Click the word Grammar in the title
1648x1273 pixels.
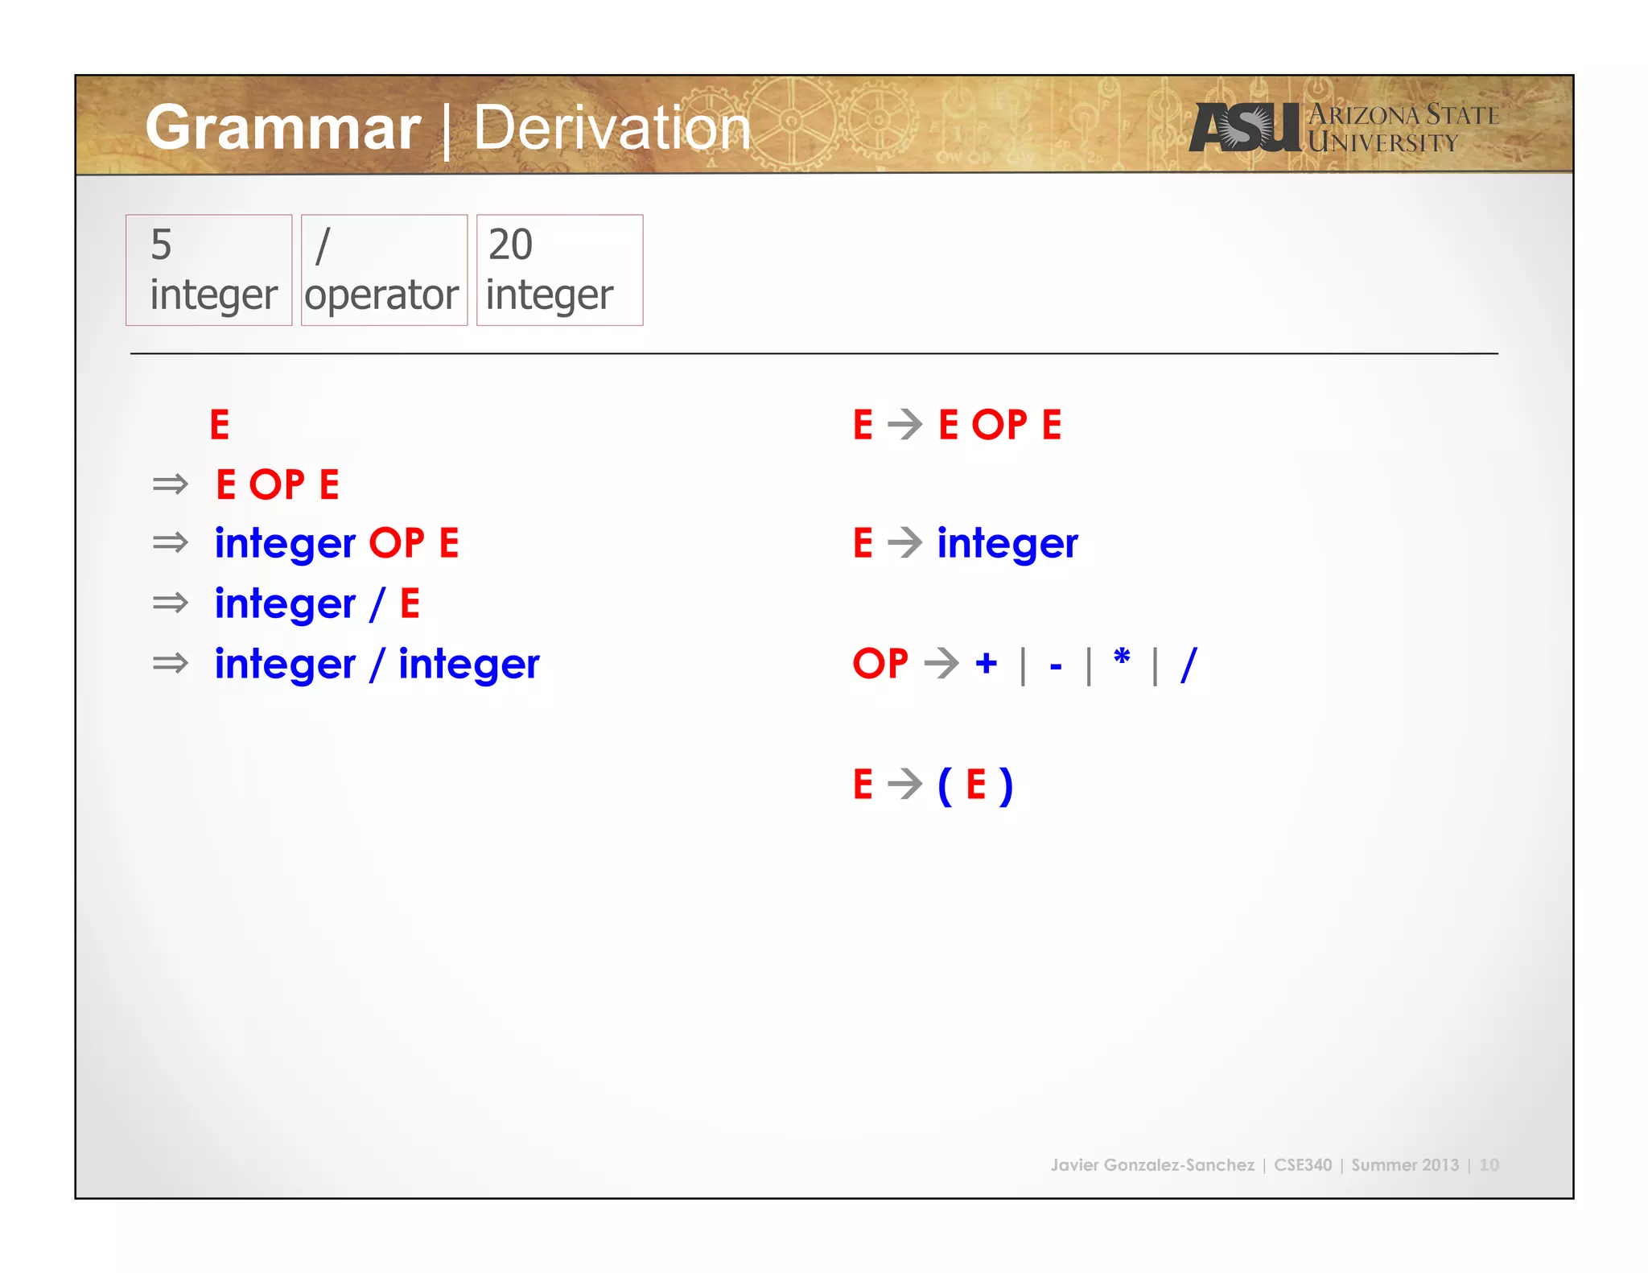coord(283,128)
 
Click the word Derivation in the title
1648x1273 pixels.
coord(612,128)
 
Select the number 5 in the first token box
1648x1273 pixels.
coord(161,245)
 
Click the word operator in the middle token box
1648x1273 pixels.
coord(381,295)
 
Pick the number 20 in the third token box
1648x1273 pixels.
coord(510,245)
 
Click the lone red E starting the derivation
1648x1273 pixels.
coord(220,424)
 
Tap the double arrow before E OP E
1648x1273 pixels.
coord(170,484)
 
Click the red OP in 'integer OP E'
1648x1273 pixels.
coord(396,543)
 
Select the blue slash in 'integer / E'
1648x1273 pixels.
coord(377,604)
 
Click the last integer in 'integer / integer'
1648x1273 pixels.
coord(469,665)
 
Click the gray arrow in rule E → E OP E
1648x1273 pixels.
coord(905,424)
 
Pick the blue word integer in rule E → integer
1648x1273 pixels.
coord(1007,543)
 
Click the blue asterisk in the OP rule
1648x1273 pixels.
coord(1122,658)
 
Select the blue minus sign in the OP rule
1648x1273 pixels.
coord(1056,666)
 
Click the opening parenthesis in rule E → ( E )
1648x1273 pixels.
coord(945,785)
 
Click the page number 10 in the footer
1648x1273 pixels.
coord(1489,1164)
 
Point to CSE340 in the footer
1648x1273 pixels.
coord(1302,1164)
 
